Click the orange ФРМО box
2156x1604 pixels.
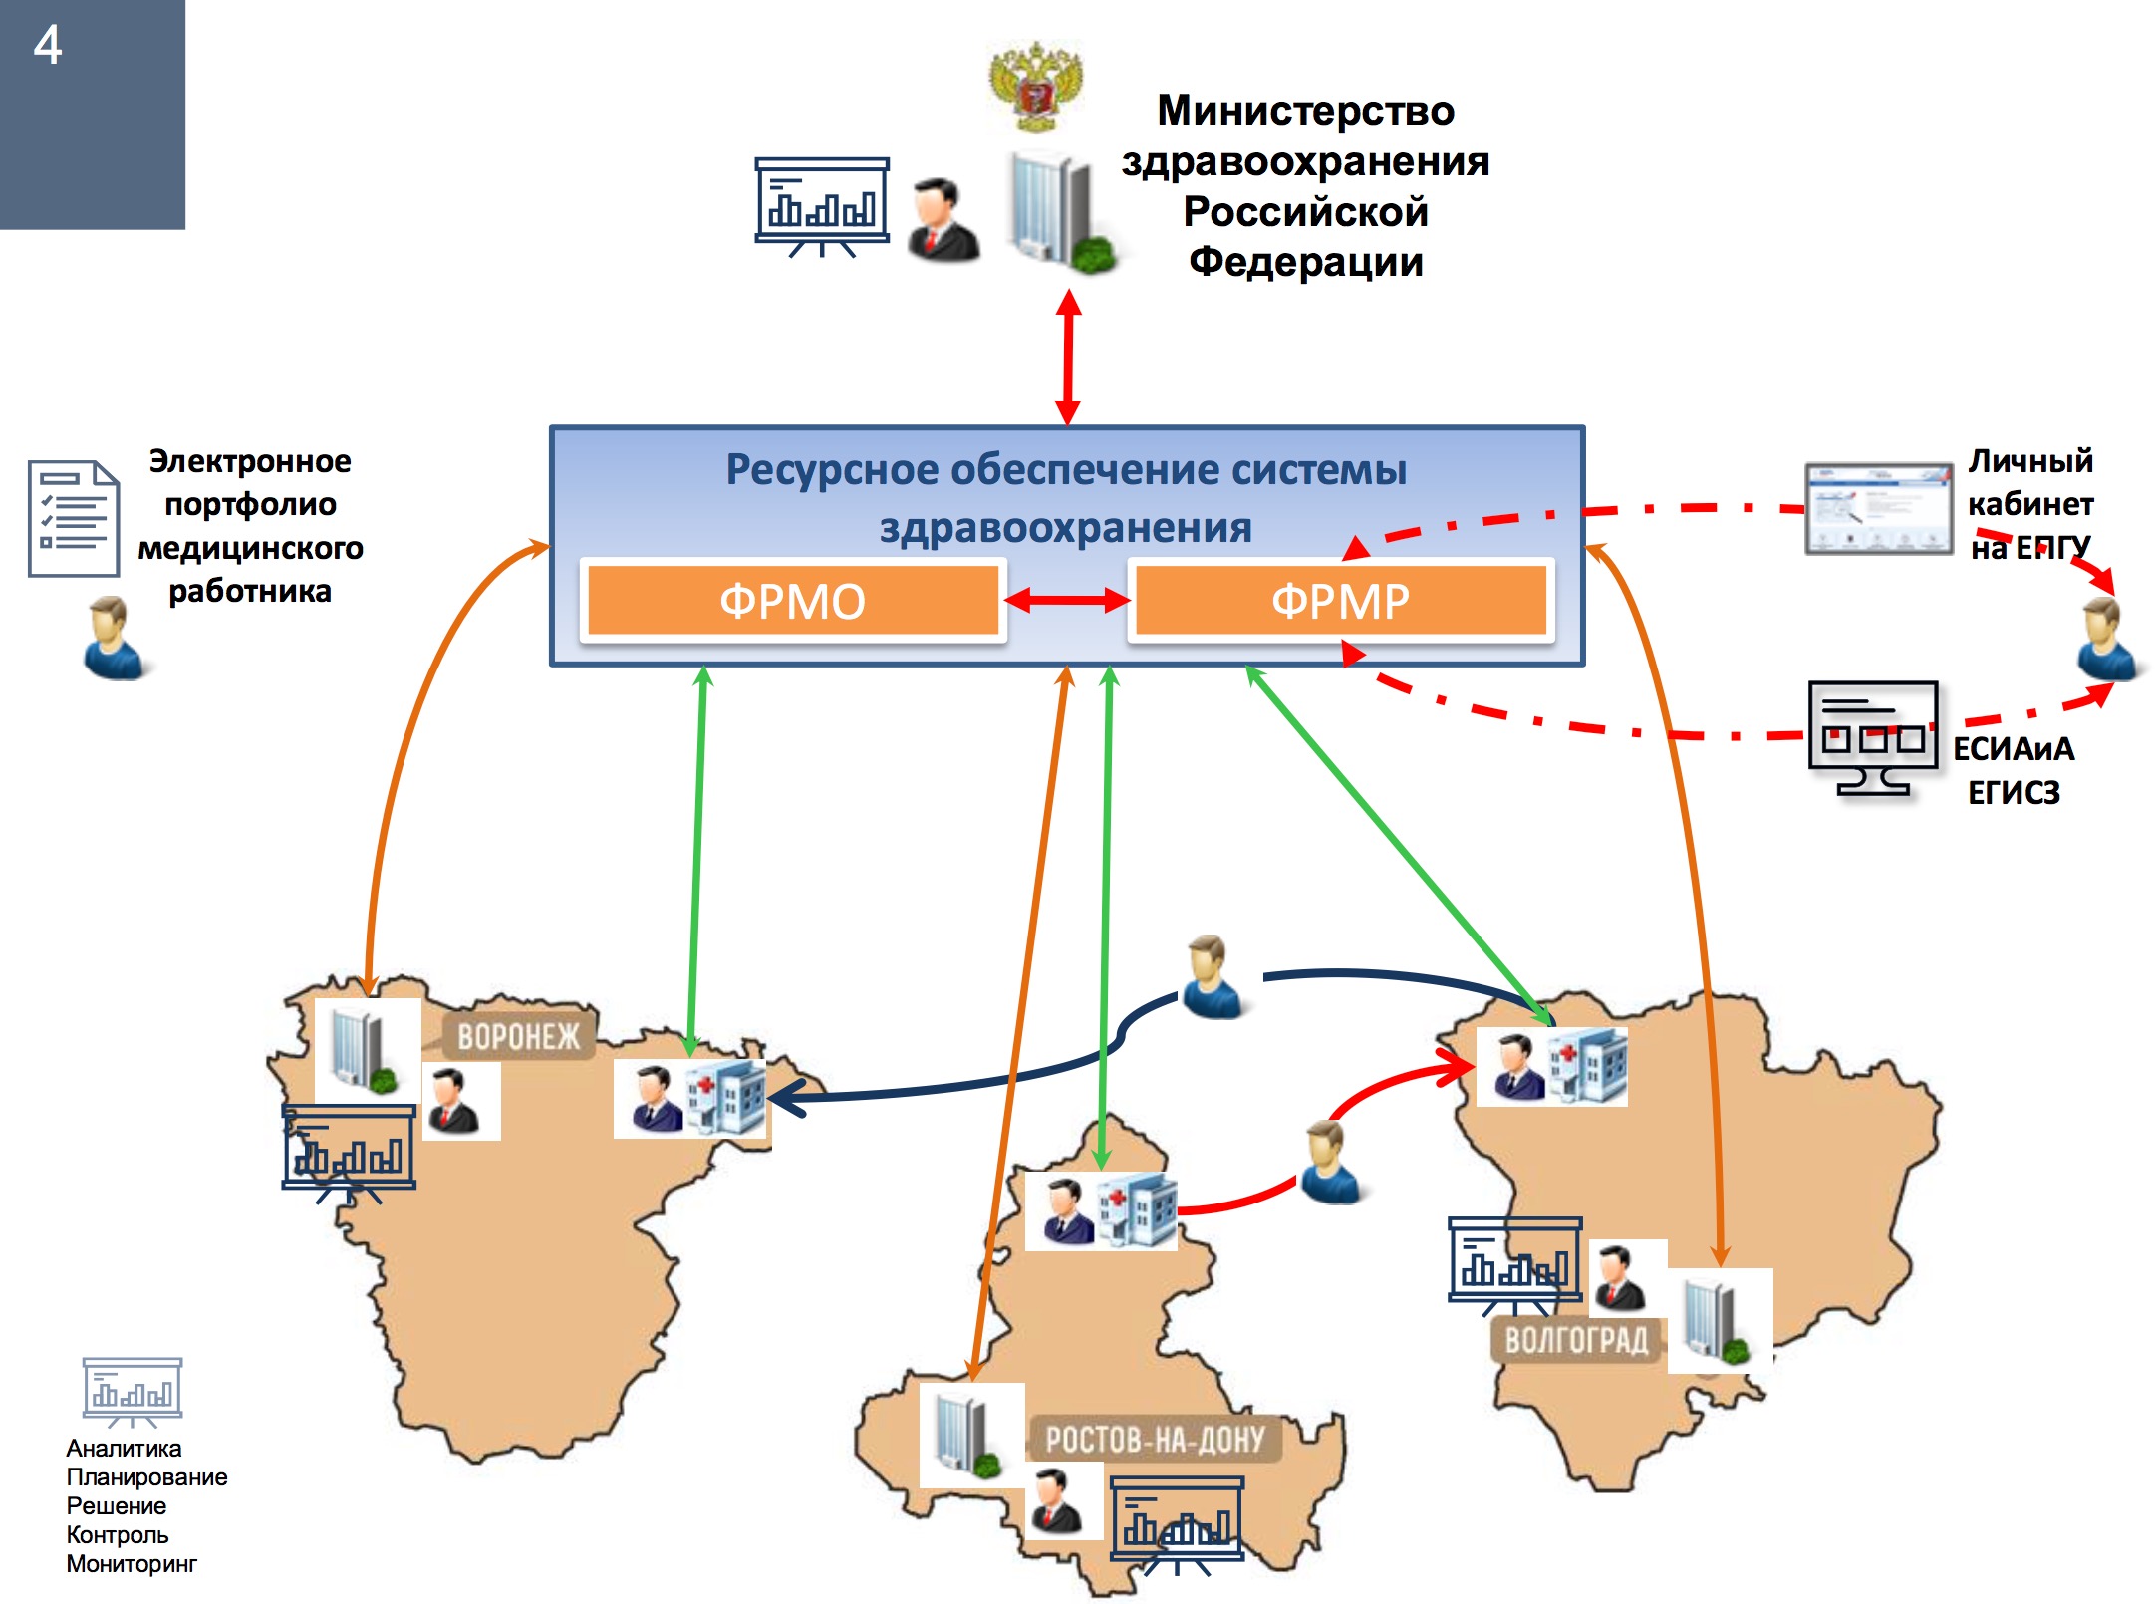pyautogui.click(x=792, y=601)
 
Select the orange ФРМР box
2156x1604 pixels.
pyautogui.click(x=1340, y=601)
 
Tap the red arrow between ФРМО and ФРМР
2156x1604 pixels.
pyautogui.click(x=1067, y=600)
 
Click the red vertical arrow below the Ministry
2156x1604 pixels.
pyautogui.click(x=1068, y=357)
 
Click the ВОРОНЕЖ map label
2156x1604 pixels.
pyautogui.click(x=518, y=1037)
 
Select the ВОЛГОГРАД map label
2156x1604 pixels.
pyautogui.click(x=1576, y=1340)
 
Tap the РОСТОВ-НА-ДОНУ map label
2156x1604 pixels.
pyautogui.click(x=1155, y=1440)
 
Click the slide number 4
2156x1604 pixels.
pyautogui.click(x=48, y=46)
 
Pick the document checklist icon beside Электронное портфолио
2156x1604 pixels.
pyautogui.click(x=73, y=518)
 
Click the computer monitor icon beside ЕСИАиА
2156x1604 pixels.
pyautogui.click(x=1873, y=738)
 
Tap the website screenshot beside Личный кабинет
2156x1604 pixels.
pyautogui.click(x=1878, y=508)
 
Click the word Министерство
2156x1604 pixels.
pyautogui.click(x=1305, y=111)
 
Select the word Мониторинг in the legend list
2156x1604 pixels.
pyautogui.click(x=132, y=1564)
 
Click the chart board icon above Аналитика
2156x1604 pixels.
pyautogui.click(x=133, y=1391)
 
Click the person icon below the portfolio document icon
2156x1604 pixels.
pyautogui.click(x=114, y=639)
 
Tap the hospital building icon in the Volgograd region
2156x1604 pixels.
pyautogui.click(x=1589, y=1066)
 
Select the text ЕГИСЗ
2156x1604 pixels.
pyautogui.click(x=2014, y=792)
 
